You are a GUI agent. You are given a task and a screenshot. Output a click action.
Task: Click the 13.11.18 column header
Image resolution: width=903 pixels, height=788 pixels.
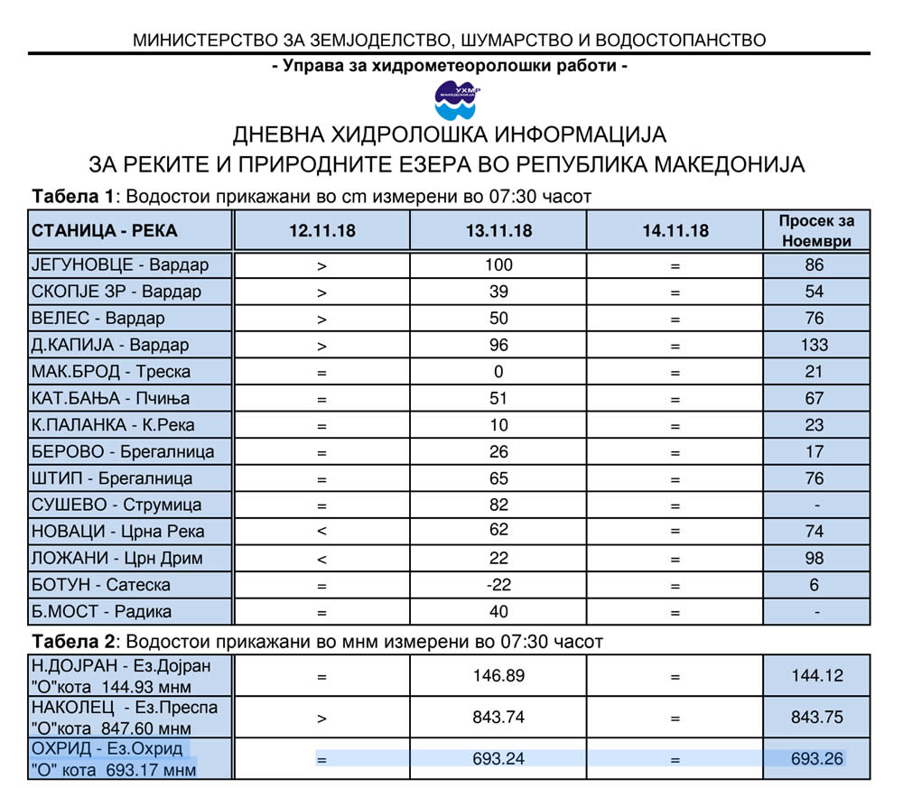tap(498, 231)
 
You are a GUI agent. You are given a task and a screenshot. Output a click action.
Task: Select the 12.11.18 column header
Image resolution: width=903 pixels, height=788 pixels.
tap(321, 231)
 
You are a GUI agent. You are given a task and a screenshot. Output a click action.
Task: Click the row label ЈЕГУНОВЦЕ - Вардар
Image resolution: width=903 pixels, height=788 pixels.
tap(120, 265)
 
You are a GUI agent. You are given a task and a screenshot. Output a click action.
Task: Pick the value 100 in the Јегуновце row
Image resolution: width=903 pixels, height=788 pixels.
tap(498, 265)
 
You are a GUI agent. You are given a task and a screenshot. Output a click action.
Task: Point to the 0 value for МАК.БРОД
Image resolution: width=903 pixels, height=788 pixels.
tap(498, 372)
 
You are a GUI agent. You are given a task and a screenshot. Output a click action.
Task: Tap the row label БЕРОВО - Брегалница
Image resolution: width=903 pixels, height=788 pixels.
tap(123, 451)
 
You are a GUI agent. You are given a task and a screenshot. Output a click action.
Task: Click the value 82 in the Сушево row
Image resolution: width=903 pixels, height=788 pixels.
tap(498, 505)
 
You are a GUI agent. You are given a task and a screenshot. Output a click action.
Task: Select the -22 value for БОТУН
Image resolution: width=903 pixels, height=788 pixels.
tap(498, 585)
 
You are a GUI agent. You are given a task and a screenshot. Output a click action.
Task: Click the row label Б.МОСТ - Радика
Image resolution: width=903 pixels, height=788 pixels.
tap(101, 612)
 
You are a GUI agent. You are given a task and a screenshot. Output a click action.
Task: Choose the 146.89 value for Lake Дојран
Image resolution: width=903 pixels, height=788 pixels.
tap(498, 675)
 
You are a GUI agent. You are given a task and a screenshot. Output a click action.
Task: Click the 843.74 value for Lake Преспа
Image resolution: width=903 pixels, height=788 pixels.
tap(498, 717)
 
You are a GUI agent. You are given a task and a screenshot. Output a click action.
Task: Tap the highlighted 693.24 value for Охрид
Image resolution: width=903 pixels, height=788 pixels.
tap(498, 759)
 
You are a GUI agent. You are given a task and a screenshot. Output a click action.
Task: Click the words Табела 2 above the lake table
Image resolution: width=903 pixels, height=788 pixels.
tap(74, 642)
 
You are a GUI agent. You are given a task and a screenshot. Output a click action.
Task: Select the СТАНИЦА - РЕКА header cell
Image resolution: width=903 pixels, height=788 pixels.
tap(105, 231)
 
